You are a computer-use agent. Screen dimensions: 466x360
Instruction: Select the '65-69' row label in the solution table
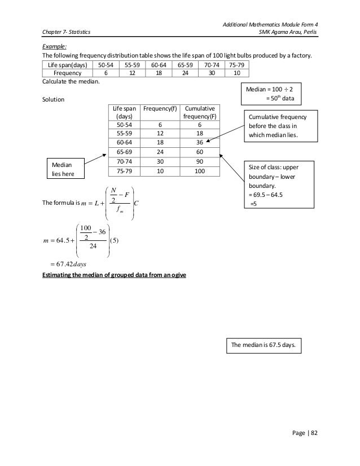(124, 152)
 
